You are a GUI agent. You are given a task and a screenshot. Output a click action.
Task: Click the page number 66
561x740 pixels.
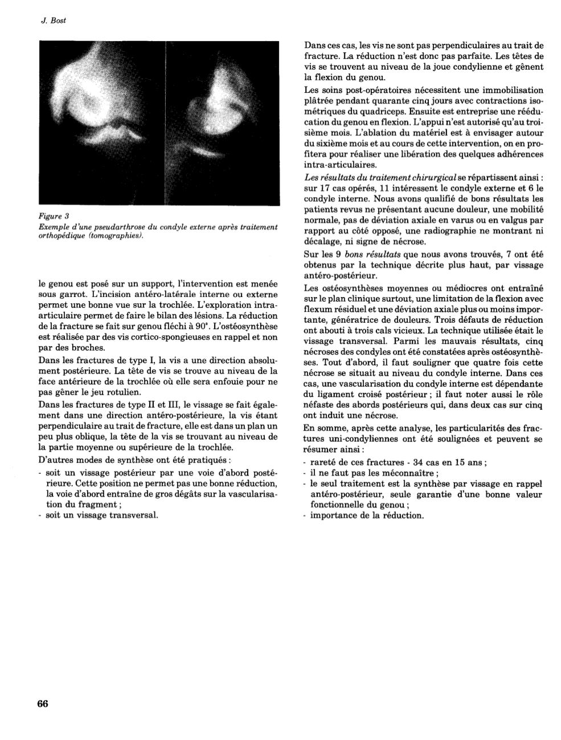[43, 704]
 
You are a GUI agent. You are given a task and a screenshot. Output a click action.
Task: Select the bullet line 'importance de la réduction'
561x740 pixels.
[367, 515]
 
